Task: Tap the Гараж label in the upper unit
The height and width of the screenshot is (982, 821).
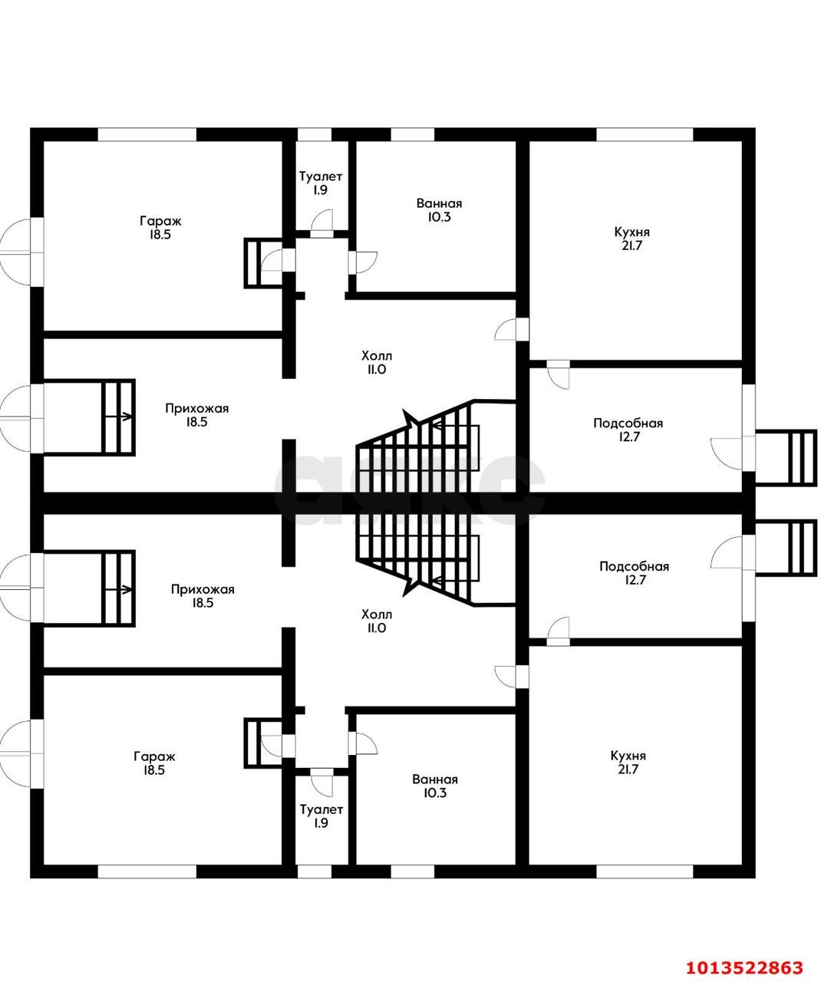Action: coord(160,220)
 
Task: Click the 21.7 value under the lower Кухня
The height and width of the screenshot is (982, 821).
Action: coord(628,769)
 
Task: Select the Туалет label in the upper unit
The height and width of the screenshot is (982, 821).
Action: coord(321,176)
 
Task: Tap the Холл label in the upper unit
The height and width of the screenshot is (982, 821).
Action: coord(377,355)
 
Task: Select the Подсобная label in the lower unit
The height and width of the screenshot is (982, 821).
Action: coord(634,566)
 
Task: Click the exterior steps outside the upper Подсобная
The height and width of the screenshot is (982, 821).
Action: coord(786,457)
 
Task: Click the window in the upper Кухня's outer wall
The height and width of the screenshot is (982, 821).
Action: coord(645,134)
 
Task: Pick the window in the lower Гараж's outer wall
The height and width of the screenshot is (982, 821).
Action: coord(147,872)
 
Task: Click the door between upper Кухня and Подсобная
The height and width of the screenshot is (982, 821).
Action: coord(558,374)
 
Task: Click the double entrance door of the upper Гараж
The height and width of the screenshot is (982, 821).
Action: coord(22,252)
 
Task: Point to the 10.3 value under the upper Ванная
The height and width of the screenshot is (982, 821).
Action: coord(439,217)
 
